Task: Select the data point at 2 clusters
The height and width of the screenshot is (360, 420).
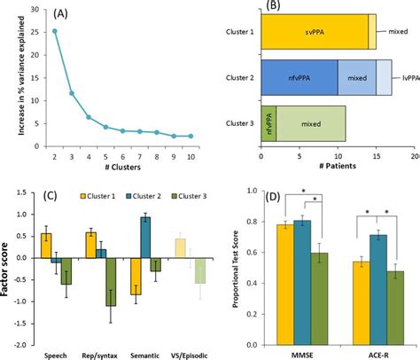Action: click(55, 31)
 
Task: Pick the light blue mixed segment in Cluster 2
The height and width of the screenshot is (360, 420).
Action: click(356, 77)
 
